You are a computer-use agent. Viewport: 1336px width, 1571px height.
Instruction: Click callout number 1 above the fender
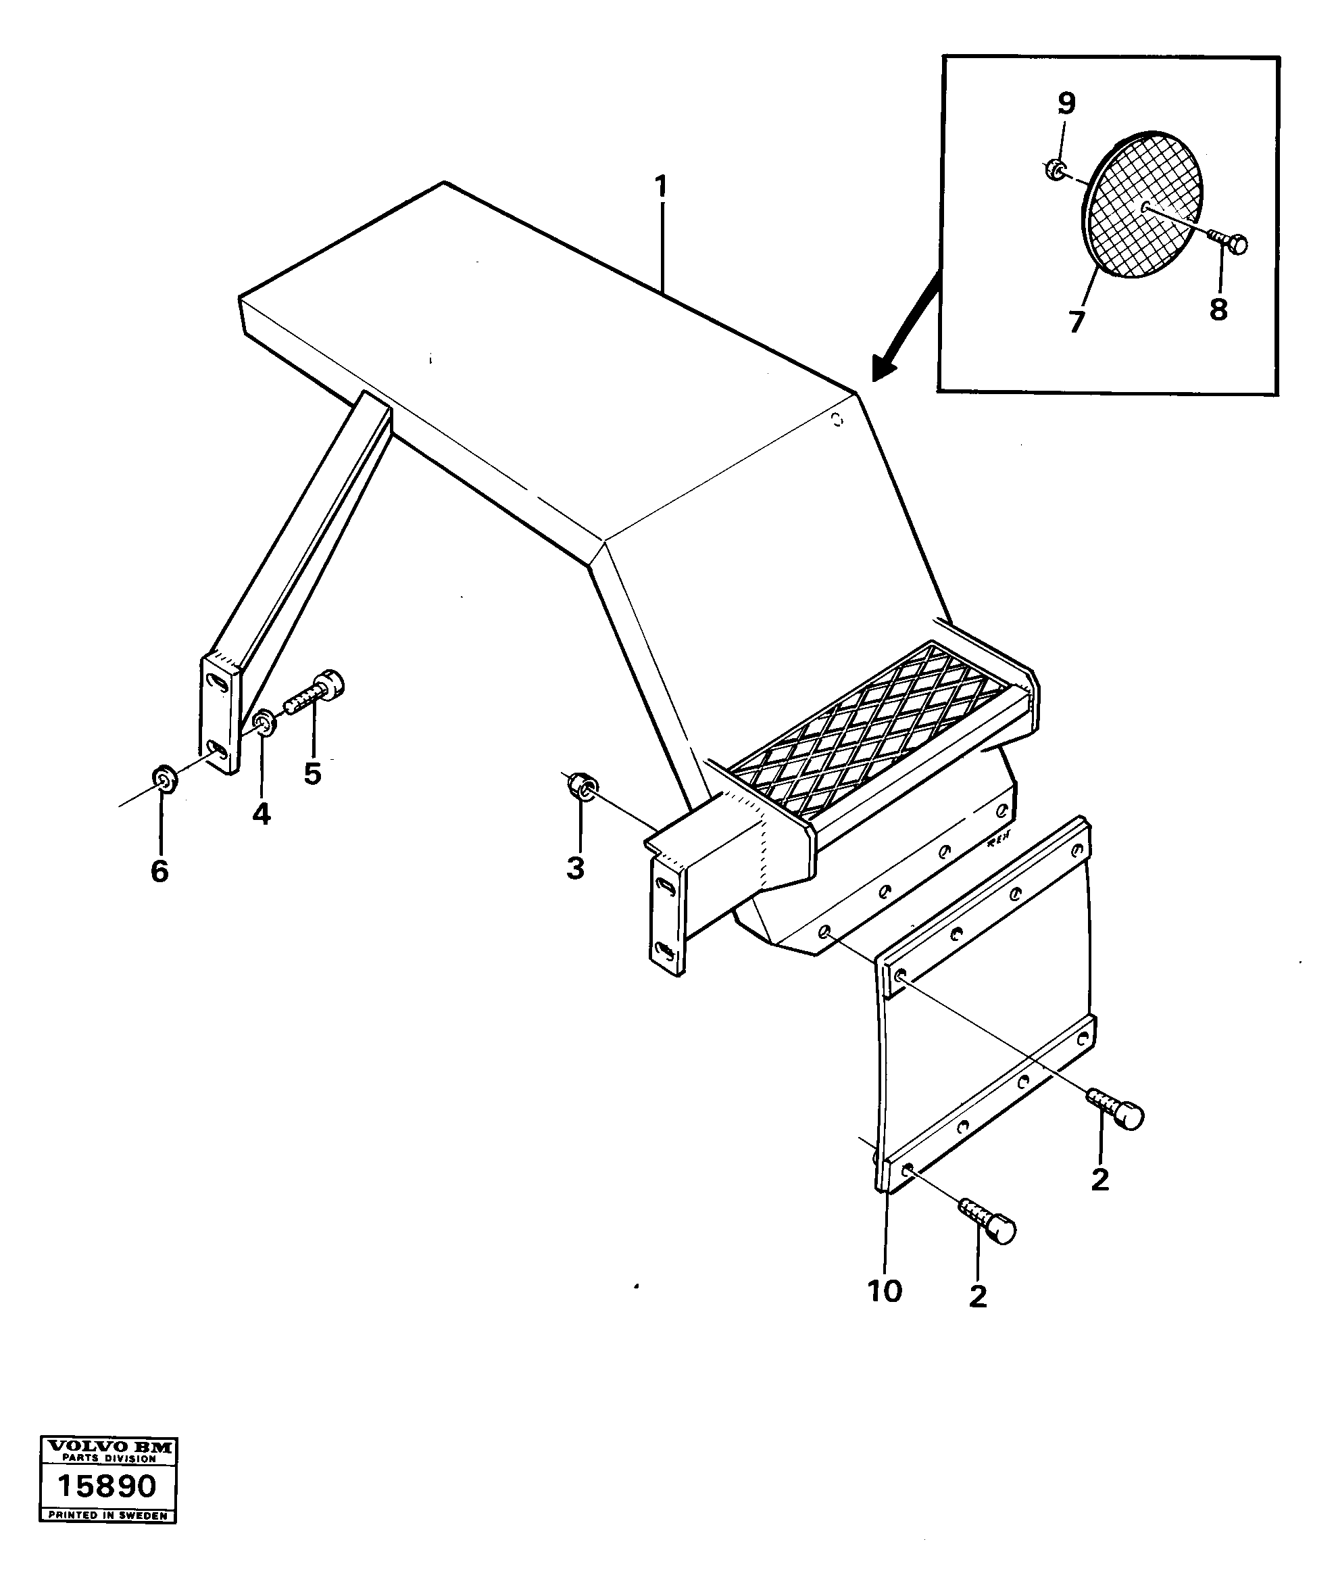coord(661,187)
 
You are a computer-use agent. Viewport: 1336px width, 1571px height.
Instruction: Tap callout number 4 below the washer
coord(262,815)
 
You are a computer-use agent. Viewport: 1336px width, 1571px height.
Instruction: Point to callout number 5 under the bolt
coord(312,774)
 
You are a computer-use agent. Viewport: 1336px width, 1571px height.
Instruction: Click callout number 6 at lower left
coord(159,871)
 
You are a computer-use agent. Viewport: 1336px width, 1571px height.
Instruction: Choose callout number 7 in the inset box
coord(1077,321)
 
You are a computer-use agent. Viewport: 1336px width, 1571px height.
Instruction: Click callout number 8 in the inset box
coord(1218,309)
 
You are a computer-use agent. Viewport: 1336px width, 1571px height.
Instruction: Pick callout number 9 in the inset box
coord(1066,103)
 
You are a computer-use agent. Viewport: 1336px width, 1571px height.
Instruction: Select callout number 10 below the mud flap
coord(885,1290)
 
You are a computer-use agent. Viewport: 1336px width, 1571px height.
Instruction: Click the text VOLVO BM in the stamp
coord(107,1446)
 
